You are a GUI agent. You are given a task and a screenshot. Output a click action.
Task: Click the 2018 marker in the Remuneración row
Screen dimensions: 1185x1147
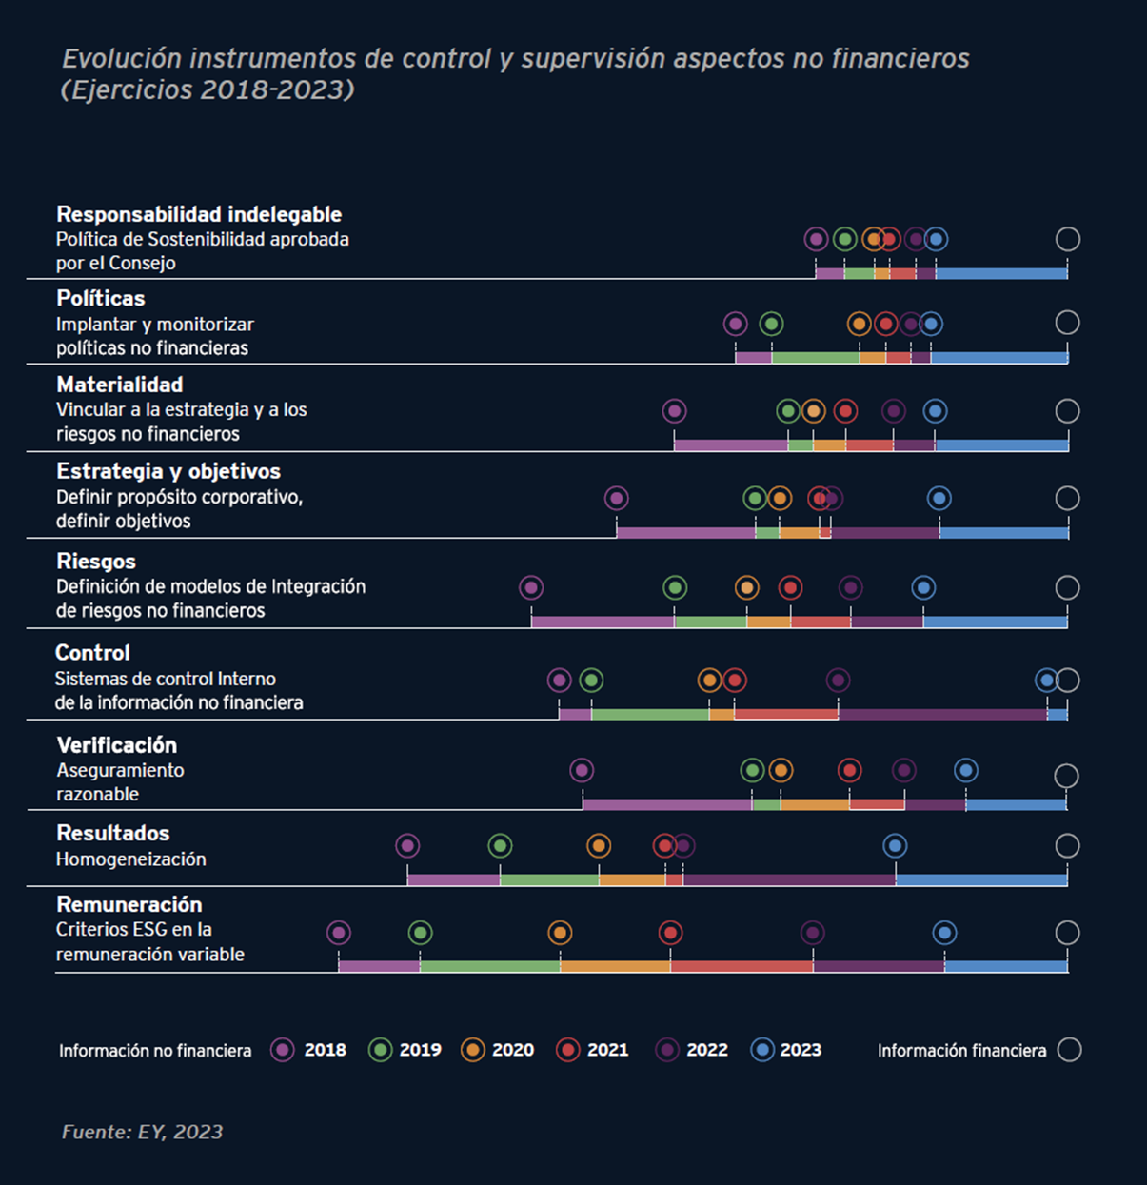339,933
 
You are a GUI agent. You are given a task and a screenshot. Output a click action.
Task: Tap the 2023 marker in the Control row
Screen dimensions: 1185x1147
1046,680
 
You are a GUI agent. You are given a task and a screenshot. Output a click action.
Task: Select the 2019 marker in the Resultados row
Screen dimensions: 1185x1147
500,845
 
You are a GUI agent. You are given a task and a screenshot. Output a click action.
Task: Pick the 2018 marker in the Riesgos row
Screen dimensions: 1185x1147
531,587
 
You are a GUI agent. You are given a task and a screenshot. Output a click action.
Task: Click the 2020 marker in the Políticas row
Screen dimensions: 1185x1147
859,324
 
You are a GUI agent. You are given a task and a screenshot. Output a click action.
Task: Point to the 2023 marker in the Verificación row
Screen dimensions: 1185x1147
965,770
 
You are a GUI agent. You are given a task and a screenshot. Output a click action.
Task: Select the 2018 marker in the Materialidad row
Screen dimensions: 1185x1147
674,411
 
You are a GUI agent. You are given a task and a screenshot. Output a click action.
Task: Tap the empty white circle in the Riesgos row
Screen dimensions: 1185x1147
1067,587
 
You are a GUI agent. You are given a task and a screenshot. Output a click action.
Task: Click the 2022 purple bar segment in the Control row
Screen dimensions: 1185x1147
942,715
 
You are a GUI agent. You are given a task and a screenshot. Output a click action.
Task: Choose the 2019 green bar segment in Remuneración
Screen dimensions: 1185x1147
489,966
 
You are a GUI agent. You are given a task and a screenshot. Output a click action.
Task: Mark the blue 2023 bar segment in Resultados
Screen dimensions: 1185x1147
980,880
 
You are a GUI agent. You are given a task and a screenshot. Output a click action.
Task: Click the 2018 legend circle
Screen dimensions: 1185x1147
283,1050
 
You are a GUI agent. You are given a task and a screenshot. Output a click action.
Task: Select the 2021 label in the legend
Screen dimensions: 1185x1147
607,1050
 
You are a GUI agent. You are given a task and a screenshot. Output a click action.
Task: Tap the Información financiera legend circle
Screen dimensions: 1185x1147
1069,1050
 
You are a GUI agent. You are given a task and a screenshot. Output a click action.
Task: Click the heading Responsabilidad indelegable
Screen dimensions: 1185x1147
199,214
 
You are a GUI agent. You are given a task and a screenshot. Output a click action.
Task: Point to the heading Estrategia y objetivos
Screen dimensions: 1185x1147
168,471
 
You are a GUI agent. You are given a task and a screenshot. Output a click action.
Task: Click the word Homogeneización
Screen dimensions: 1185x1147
131,859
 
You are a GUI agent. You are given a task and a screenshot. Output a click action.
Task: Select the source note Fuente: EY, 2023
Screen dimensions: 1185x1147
143,1132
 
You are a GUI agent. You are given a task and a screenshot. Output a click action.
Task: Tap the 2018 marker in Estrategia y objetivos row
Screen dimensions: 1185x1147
616,498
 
